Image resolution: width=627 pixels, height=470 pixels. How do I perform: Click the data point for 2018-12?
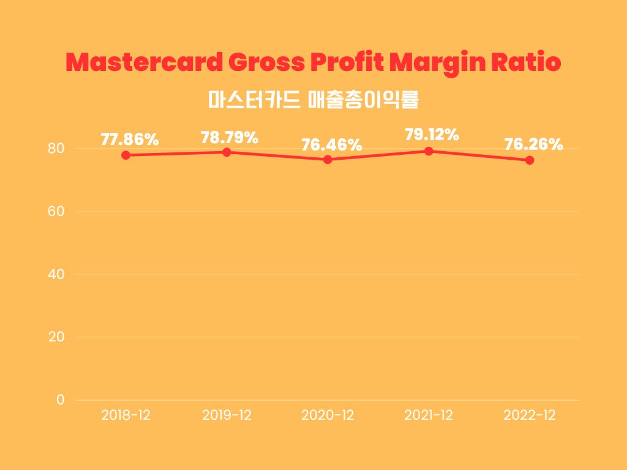(126, 155)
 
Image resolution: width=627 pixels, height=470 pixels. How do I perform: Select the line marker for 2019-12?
(227, 152)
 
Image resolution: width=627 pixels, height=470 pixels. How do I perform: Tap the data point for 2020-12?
(328, 159)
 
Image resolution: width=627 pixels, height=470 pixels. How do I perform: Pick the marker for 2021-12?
(429, 151)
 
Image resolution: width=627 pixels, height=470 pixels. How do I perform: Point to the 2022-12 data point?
(530, 160)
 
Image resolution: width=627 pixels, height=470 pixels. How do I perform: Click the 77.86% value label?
(130, 140)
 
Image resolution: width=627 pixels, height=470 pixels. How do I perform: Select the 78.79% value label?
(230, 138)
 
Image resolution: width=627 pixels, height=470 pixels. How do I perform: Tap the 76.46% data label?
(331, 146)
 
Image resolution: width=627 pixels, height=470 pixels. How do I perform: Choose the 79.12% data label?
(432, 135)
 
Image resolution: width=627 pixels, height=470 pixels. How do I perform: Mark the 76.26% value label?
(533, 144)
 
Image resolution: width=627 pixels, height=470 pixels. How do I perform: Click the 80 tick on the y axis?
(56, 149)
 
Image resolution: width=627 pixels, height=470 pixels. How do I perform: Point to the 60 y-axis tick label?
(56, 212)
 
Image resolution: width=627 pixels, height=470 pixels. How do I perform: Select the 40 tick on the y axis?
(56, 274)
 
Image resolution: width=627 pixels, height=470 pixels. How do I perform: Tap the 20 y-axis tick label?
(56, 337)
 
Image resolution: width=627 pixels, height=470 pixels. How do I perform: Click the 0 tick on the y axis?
(60, 400)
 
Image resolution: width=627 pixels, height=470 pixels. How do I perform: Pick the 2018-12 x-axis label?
(126, 415)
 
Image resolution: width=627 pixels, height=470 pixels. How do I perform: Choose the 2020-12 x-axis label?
(328, 415)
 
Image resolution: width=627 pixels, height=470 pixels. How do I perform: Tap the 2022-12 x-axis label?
(530, 415)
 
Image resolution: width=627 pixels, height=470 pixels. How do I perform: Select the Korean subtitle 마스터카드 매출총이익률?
(313, 99)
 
